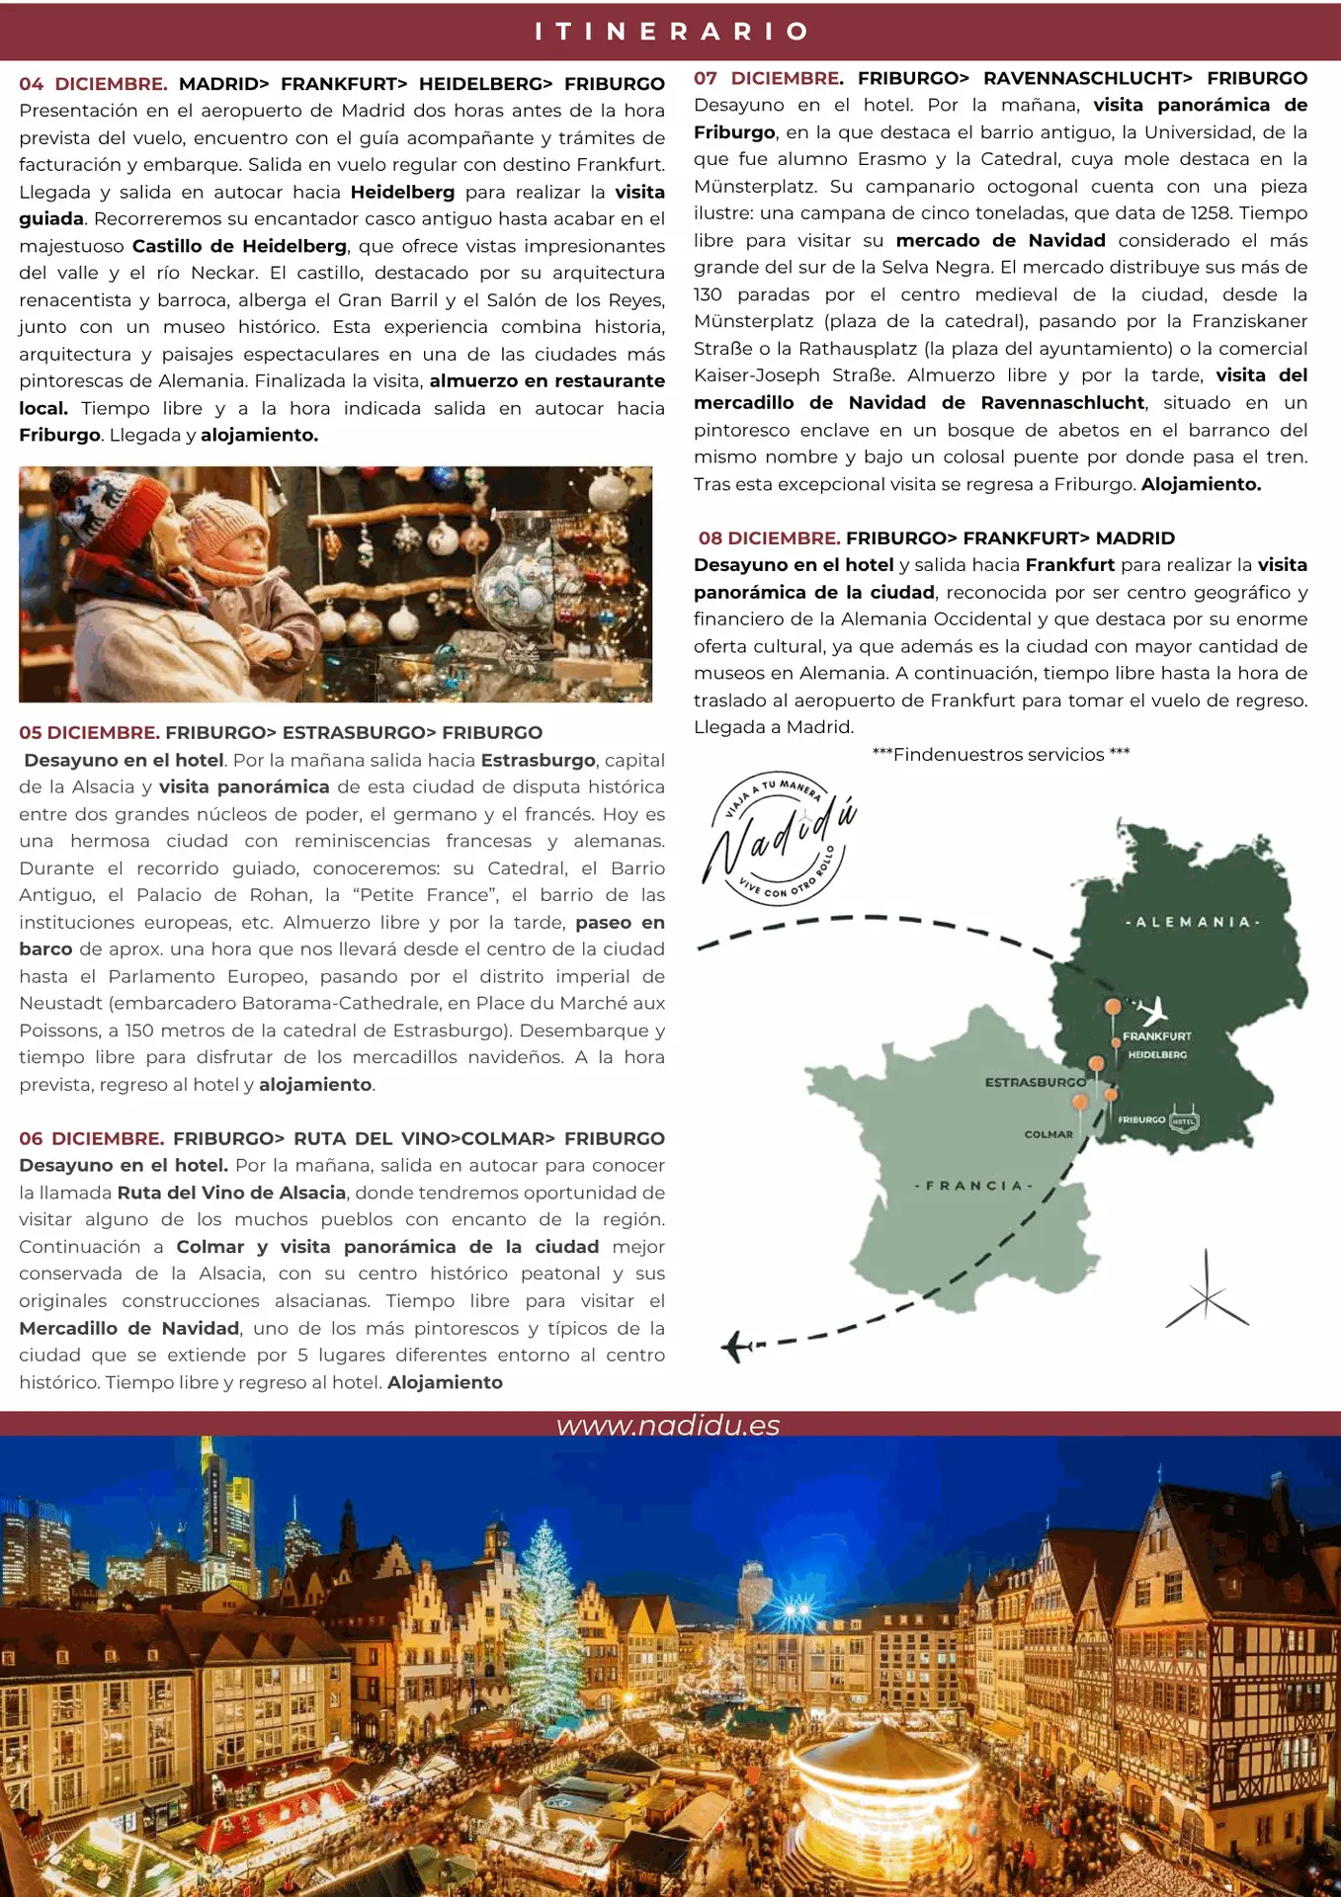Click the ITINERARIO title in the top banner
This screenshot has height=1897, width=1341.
point(671,32)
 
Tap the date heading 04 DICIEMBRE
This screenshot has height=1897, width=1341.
point(93,84)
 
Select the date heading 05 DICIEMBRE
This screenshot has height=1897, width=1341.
point(89,733)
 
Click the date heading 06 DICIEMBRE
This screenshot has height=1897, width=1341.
point(92,1138)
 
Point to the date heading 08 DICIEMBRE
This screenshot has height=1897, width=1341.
point(769,538)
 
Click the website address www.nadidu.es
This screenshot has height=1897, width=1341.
point(668,1425)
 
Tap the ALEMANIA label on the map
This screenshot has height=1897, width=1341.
point(1193,922)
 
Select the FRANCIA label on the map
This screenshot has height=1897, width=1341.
point(973,1185)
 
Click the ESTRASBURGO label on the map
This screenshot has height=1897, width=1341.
point(1035,1083)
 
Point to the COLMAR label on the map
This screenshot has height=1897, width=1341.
point(1048,1134)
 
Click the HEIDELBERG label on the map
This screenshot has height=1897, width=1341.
point(1157,1055)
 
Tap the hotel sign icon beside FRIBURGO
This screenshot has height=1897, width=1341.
point(1184,1120)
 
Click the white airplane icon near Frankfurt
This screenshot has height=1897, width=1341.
point(1151,1011)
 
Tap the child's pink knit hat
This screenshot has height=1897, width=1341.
point(226,520)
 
